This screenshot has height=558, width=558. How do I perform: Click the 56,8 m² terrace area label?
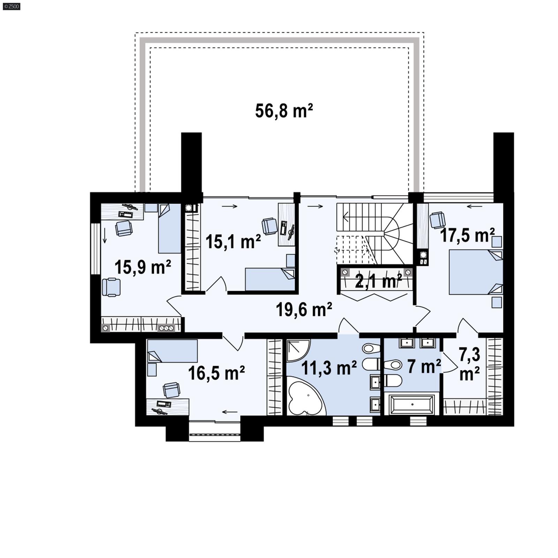click(284, 111)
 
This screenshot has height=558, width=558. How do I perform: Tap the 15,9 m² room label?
click(143, 267)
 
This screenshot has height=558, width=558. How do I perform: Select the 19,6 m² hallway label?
click(304, 309)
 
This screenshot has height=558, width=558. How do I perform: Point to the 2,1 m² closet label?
click(378, 281)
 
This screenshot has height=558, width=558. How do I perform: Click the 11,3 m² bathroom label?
click(329, 368)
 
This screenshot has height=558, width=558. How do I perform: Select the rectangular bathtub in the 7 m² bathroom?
click(412, 405)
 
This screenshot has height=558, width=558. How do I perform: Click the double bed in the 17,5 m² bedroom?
click(475, 272)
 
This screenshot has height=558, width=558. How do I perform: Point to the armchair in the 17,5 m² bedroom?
click(438, 220)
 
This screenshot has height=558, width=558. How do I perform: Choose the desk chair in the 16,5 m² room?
click(172, 390)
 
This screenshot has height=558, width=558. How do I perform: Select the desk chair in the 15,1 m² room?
click(269, 226)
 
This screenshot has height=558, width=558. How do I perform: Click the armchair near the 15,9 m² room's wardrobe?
click(111, 287)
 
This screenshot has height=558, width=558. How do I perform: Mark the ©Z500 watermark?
click(12, 6)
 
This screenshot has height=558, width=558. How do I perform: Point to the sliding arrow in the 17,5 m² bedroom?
click(474, 206)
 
